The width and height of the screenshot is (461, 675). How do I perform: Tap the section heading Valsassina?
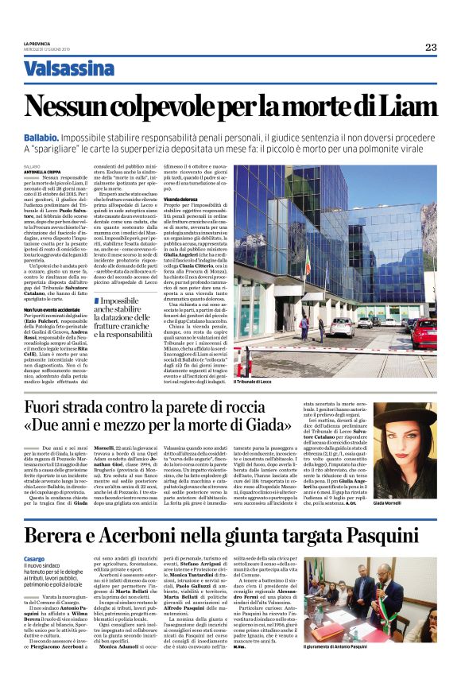click(x=79, y=69)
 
